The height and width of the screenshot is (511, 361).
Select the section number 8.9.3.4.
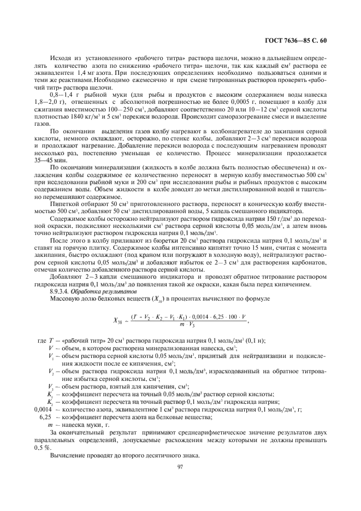coord(61,292)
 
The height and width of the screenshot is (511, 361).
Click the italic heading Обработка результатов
coord(102,292)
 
